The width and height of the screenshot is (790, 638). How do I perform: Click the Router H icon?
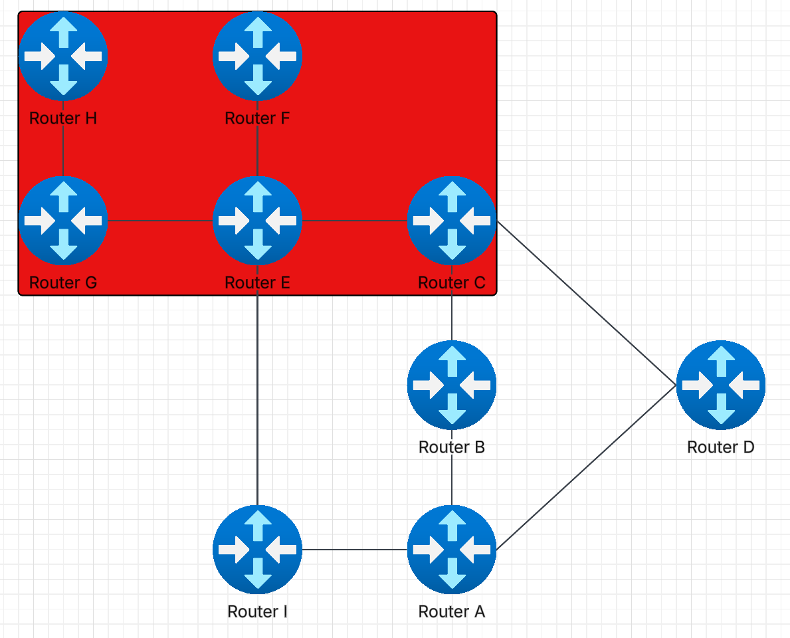[x=63, y=56]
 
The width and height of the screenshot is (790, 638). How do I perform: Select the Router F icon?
[x=257, y=56]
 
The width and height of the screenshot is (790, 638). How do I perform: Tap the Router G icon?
[x=63, y=220]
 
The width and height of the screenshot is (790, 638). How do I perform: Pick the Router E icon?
[x=257, y=220]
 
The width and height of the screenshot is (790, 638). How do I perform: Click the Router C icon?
[x=452, y=220]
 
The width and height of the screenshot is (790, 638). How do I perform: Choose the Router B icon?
[x=452, y=384]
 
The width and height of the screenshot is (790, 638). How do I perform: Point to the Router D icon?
[x=721, y=384]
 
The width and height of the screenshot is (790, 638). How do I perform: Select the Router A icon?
[x=452, y=550]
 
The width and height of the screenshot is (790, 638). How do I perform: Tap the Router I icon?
[x=257, y=550]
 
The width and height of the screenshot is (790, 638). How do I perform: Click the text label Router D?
[x=721, y=447]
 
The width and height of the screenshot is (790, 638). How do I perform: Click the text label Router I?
[x=257, y=611]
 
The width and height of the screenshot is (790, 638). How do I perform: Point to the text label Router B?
[x=452, y=447]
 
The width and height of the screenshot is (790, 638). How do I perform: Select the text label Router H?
[x=63, y=118]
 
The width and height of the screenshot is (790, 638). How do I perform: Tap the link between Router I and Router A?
[x=354, y=550]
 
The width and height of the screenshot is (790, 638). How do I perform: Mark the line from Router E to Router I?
[x=257, y=399]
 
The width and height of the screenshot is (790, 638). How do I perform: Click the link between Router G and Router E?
[x=159, y=220]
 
